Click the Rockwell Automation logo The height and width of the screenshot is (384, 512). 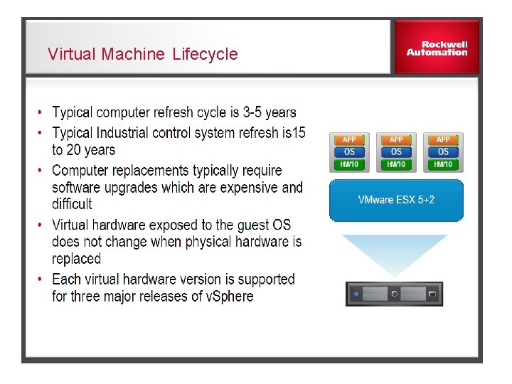pos(437,48)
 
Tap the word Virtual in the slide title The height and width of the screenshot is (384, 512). pos(72,54)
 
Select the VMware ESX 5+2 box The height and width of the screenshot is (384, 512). pos(396,200)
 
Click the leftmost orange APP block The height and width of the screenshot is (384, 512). pos(349,139)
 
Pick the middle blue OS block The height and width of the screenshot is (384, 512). pos(396,151)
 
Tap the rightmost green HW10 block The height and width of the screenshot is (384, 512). pos(443,164)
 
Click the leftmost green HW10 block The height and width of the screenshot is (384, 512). pos(349,164)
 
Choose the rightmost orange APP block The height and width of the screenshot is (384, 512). pos(443,139)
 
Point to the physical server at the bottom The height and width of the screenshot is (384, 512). pos(394,293)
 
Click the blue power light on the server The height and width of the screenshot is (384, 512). pos(356,293)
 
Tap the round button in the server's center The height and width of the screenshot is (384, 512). pos(394,293)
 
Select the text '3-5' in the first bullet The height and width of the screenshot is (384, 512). pos(252,112)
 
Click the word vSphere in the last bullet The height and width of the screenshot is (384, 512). pos(228,297)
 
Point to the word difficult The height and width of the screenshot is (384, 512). pos(72,204)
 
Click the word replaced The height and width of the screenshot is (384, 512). pos(77,259)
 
